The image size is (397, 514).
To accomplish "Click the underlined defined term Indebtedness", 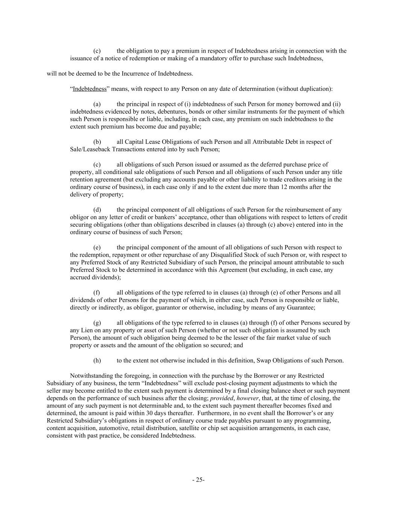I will (x=90, y=89).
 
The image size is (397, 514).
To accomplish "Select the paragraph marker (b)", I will (x=97, y=142).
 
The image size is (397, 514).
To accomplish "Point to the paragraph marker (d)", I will (x=97, y=210).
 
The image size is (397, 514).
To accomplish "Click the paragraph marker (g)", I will (x=97, y=323).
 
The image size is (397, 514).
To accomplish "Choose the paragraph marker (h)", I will (x=97, y=360).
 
